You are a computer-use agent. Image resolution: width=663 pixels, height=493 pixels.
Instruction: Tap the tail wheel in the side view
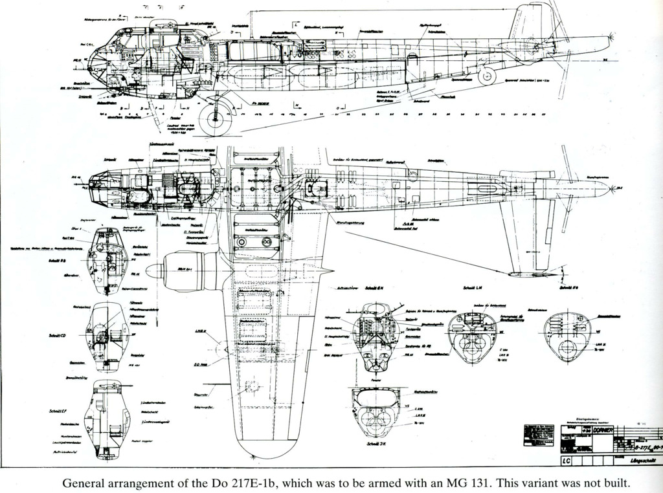[487, 76]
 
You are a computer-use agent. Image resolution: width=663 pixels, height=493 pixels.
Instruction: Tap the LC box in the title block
[567, 461]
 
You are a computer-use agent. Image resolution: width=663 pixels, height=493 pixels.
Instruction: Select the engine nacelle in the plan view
[188, 270]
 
